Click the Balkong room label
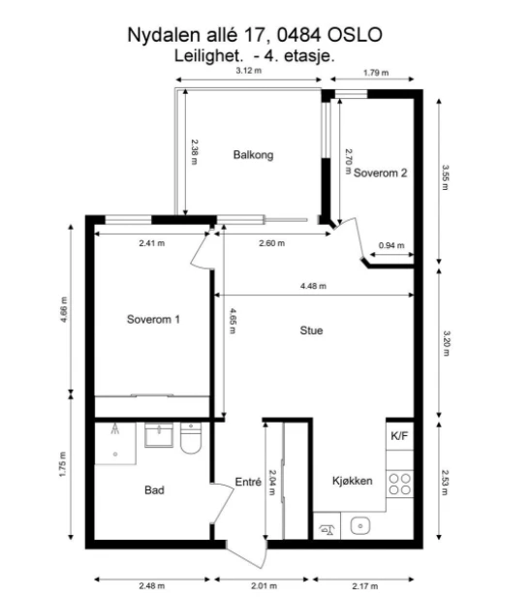254,155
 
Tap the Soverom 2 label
380,173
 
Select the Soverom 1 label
153,319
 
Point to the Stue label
311,330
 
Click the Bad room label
153,490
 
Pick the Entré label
249,482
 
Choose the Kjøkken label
352,481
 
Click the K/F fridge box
399,436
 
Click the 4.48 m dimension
313,286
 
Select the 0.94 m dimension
391,245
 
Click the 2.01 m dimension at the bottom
265,584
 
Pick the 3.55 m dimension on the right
446,178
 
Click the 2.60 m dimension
270,244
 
